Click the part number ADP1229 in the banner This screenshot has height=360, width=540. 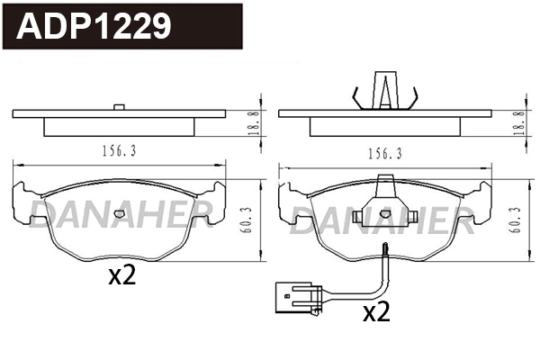pyautogui.click(x=94, y=26)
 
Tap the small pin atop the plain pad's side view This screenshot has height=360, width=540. pyautogui.click(x=119, y=108)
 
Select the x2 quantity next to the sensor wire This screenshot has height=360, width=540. pyautogui.click(x=375, y=312)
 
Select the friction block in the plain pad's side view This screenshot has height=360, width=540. pyautogui.click(x=119, y=127)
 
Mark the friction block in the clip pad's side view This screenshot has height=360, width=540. pyautogui.click(x=384, y=127)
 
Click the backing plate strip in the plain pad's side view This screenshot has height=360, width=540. pyautogui.click(x=119, y=114)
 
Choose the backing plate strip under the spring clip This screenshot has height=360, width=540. pyautogui.click(x=384, y=114)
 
